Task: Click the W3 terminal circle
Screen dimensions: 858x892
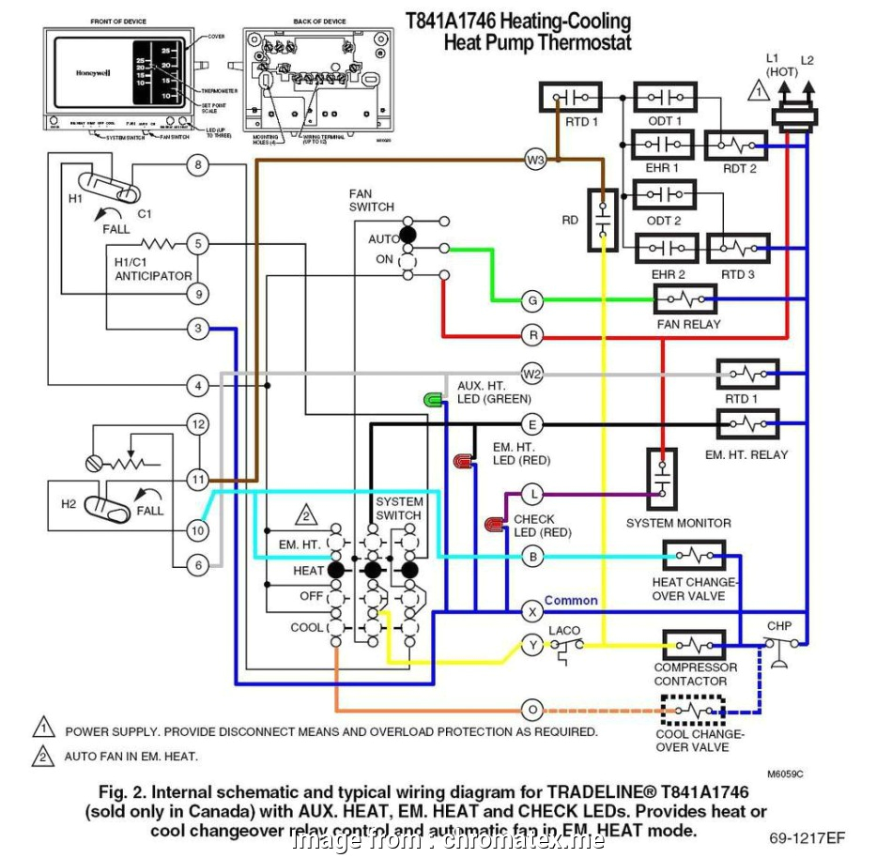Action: point(534,161)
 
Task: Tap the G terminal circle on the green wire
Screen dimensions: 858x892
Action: point(532,300)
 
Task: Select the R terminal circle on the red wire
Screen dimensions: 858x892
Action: point(532,334)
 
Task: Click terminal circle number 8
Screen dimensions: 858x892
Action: point(197,166)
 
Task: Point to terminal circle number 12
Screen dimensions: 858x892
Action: point(197,424)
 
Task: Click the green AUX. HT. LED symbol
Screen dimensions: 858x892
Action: point(433,401)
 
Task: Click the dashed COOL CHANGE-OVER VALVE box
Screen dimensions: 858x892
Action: point(693,711)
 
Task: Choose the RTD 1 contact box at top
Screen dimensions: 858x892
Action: point(570,98)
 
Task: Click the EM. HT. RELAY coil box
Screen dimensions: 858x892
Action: point(747,424)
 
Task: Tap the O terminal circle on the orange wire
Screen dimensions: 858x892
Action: point(532,710)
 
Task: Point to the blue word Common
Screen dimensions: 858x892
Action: point(571,601)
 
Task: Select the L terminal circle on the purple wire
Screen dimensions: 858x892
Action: point(532,493)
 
